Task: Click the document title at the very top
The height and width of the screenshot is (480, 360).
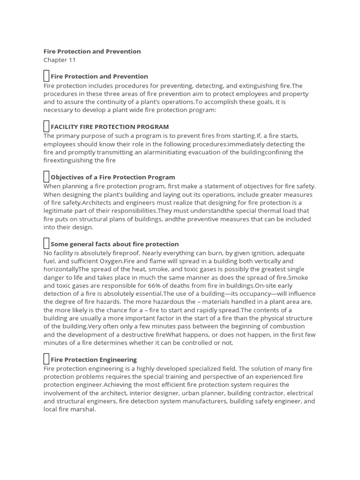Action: pos(92,51)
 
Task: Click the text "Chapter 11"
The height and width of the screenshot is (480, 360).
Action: pos(60,60)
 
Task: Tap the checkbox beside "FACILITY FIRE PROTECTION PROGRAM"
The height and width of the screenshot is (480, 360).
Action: pos(46,127)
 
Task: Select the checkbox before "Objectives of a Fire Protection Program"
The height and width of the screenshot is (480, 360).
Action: pos(46,177)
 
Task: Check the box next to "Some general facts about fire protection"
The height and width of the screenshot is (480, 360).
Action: pos(46,244)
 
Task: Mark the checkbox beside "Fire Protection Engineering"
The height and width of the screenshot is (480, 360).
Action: pos(46,360)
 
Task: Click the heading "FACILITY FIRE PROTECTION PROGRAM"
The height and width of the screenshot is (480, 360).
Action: pos(110,127)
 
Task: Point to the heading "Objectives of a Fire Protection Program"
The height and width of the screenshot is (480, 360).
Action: pos(112,178)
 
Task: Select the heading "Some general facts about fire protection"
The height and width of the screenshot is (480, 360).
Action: pos(114,244)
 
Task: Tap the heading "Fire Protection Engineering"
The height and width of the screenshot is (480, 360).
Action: pos(94,360)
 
